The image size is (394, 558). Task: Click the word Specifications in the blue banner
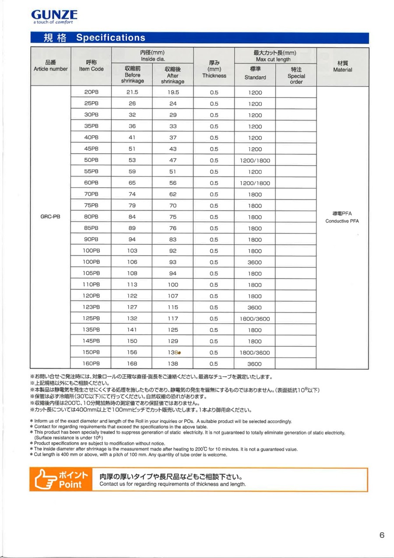click(x=110, y=38)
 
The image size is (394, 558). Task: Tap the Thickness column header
click(x=214, y=69)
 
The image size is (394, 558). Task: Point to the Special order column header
click(x=296, y=75)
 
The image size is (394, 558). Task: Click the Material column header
click(x=342, y=67)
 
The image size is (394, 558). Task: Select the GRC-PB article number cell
click(x=50, y=217)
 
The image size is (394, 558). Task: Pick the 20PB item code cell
click(x=91, y=93)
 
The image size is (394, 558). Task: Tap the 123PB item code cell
click(x=91, y=307)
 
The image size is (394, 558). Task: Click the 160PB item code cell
click(x=91, y=364)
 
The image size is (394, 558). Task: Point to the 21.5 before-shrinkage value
click(x=132, y=93)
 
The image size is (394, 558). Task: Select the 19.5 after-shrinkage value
click(x=173, y=93)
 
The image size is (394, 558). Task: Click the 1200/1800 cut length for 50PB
click(x=255, y=161)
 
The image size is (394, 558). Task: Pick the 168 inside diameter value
click(x=132, y=364)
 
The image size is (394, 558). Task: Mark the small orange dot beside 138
click(x=179, y=353)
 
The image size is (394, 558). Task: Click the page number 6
click(x=382, y=535)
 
